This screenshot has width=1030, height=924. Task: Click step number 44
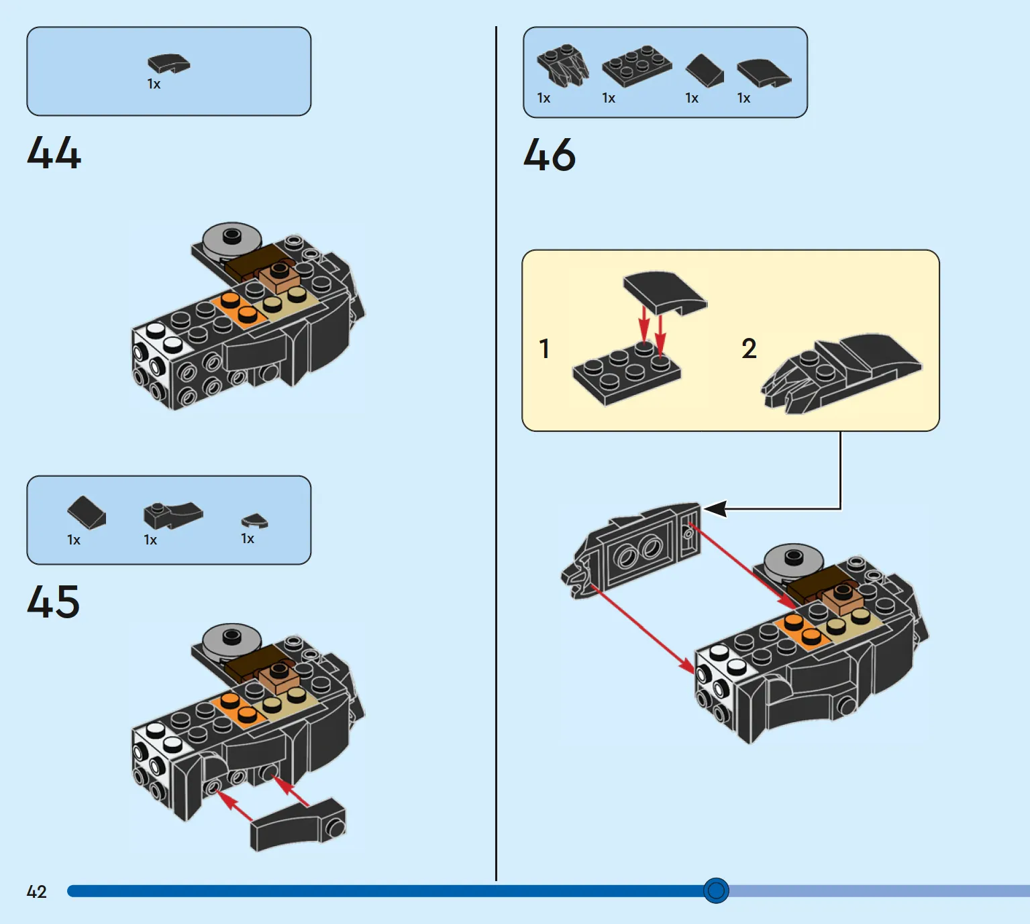tap(54, 153)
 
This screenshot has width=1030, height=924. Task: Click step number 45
tap(54, 601)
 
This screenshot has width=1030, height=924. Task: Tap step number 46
tap(549, 155)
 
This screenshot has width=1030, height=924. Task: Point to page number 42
tap(36, 892)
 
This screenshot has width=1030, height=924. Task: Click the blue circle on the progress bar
tap(716, 890)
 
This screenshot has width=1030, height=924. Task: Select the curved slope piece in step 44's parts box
tap(168, 64)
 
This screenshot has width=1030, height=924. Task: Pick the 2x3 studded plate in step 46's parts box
tap(636, 66)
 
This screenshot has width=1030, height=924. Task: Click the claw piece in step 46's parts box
tap(562, 65)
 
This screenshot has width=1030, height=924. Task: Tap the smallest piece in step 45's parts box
tap(254, 520)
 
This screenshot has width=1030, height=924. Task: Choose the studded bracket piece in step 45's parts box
tap(172, 515)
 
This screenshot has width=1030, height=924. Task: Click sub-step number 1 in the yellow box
tap(544, 349)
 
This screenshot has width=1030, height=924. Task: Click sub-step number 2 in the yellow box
tap(749, 349)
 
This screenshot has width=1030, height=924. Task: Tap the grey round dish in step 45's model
tap(232, 639)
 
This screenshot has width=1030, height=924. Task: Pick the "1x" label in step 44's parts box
tap(154, 84)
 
